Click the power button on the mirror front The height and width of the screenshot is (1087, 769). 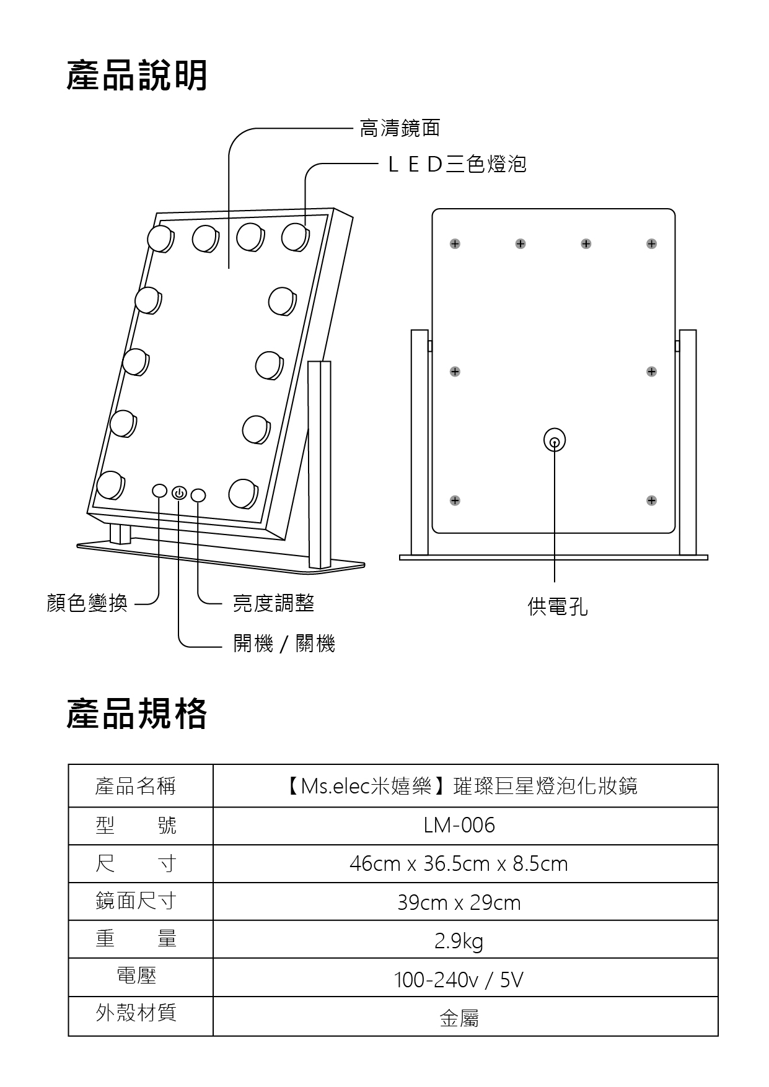coord(179,493)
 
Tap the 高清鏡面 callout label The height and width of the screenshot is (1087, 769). coord(400,128)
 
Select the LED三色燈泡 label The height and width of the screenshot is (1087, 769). coord(457,164)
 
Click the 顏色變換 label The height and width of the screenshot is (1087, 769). coord(87,603)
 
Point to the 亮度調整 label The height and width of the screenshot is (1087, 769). coord(273,603)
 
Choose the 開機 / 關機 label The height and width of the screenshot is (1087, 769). coord(284,644)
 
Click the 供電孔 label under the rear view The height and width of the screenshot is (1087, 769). coord(557,606)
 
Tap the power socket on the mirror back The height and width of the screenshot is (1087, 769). coord(555,442)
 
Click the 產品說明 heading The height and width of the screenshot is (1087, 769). coord(137,76)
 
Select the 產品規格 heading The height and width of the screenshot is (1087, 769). coord(137,714)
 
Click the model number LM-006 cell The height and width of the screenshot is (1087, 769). coord(459,826)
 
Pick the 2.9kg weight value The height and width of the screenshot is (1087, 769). coord(459,941)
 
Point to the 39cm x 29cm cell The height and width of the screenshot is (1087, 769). coord(459,902)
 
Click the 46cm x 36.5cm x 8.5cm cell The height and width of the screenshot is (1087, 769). coord(459,864)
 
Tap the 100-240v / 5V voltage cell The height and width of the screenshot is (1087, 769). coord(459,980)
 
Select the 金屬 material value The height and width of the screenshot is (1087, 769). coord(459,1018)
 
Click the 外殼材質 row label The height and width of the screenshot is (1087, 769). coord(136,1013)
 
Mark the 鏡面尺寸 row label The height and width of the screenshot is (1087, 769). coord(136,901)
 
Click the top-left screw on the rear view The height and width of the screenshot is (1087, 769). coord(455,244)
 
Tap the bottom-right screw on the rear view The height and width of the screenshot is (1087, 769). coord(651,500)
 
